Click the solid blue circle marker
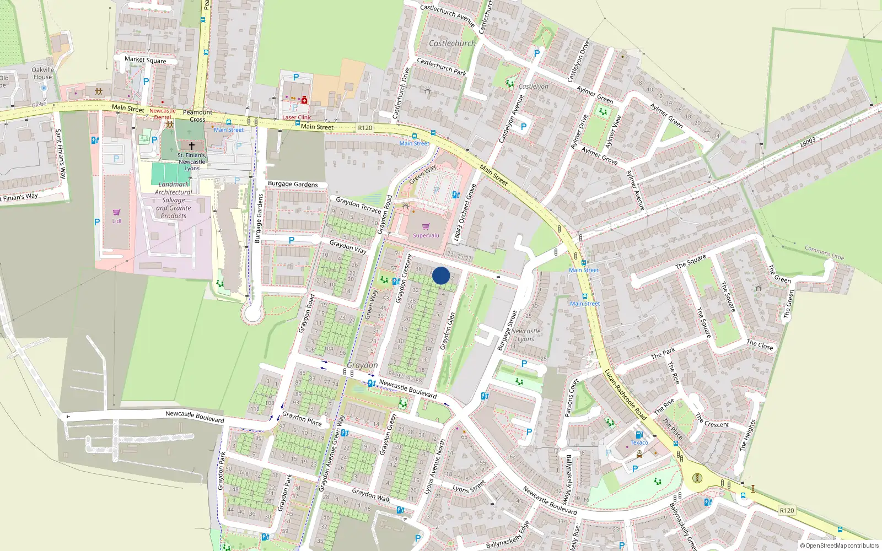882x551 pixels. click(x=441, y=275)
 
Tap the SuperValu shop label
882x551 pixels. click(x=426, y=235)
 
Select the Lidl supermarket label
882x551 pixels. click(x=117, y=221)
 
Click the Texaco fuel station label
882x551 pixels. click(x=639, y=442)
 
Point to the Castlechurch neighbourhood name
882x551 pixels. click(x=452, y=43)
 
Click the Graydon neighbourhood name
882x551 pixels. click(x=362, y=365)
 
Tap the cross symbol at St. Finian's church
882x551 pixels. click(x=192, y=146)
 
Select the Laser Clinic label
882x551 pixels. click(x=297, y=117)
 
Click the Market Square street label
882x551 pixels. click(x=145, y=60)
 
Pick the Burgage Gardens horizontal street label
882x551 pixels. click(x=293, y=184)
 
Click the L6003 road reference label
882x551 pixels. click(x=808, y=143)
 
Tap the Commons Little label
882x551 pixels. click(x=824, y=253)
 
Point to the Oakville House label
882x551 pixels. click(x=42, y=73)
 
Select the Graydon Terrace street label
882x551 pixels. click(x=358, y=205)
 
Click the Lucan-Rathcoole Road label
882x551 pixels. click(x=626, y=395)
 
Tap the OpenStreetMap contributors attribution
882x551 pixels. click(x=839, y=545)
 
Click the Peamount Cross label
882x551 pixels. click(x=197, y=116)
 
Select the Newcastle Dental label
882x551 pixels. click(x=163, y=114)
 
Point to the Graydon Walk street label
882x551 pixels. click(x=371, y=495)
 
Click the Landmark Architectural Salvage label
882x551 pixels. click(x=174, y=200)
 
